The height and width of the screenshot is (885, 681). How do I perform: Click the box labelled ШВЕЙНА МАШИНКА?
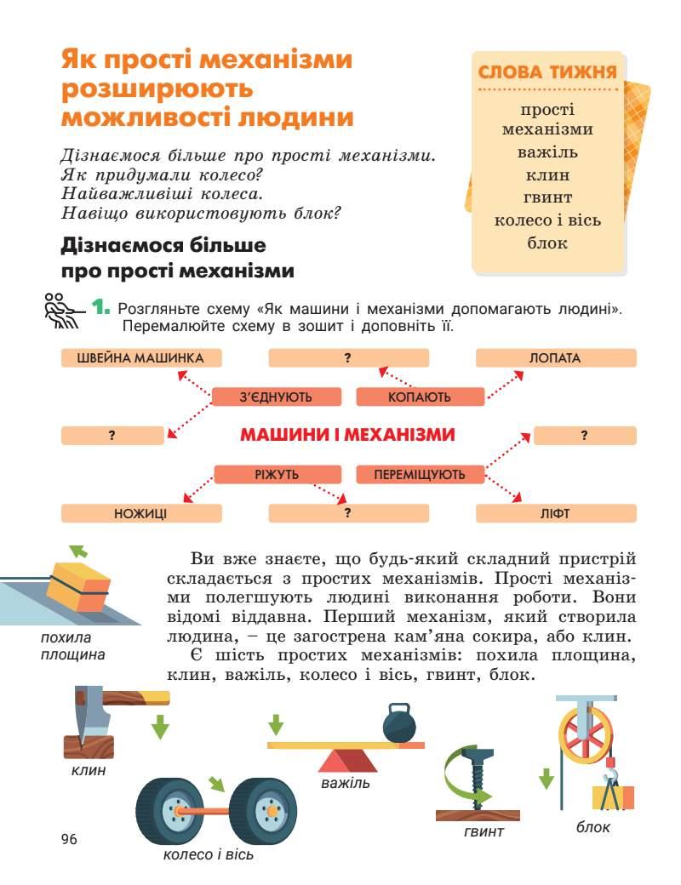(x=141, y=358)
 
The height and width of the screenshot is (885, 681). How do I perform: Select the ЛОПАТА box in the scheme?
(x=555, y=358)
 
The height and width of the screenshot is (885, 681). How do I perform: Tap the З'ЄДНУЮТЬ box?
(x=276, y=397)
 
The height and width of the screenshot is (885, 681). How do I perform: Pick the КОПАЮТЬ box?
(x=420, y=397)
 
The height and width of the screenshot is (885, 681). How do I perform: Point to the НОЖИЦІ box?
(x=141, y=513)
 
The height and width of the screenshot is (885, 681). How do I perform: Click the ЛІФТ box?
(x=555, y=513)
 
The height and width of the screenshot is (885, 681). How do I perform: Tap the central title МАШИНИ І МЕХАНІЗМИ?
(x=347, y=435)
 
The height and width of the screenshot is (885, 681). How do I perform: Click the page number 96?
(x=69, y=840)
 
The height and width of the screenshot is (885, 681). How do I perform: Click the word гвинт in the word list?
(x=547, y=197)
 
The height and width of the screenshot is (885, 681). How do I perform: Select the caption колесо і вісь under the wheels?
(x=208, y=854)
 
